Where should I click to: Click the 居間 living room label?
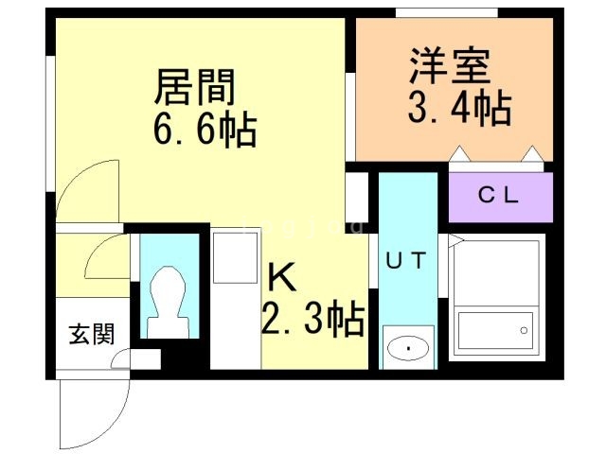(x=195, y=87)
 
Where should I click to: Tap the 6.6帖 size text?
(x=205, y=128)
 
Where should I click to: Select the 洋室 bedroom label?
(x=450, y=65)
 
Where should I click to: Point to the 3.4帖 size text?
(x=460, y=107)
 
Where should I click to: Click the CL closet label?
(x=498, y=196)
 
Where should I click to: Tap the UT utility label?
(x=406, y=260)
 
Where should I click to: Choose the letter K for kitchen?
(x=282, y=277)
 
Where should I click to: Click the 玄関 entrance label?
(x=92, y=334)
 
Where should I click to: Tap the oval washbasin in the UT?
(x=408, y=348)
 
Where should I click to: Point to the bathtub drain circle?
(x=524, y=330)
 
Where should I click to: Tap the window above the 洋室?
(x=447, y=12)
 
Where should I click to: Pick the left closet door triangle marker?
(x=459, y=153)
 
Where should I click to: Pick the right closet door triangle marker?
(x=533, y=153)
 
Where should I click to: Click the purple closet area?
(x=501, y=198)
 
